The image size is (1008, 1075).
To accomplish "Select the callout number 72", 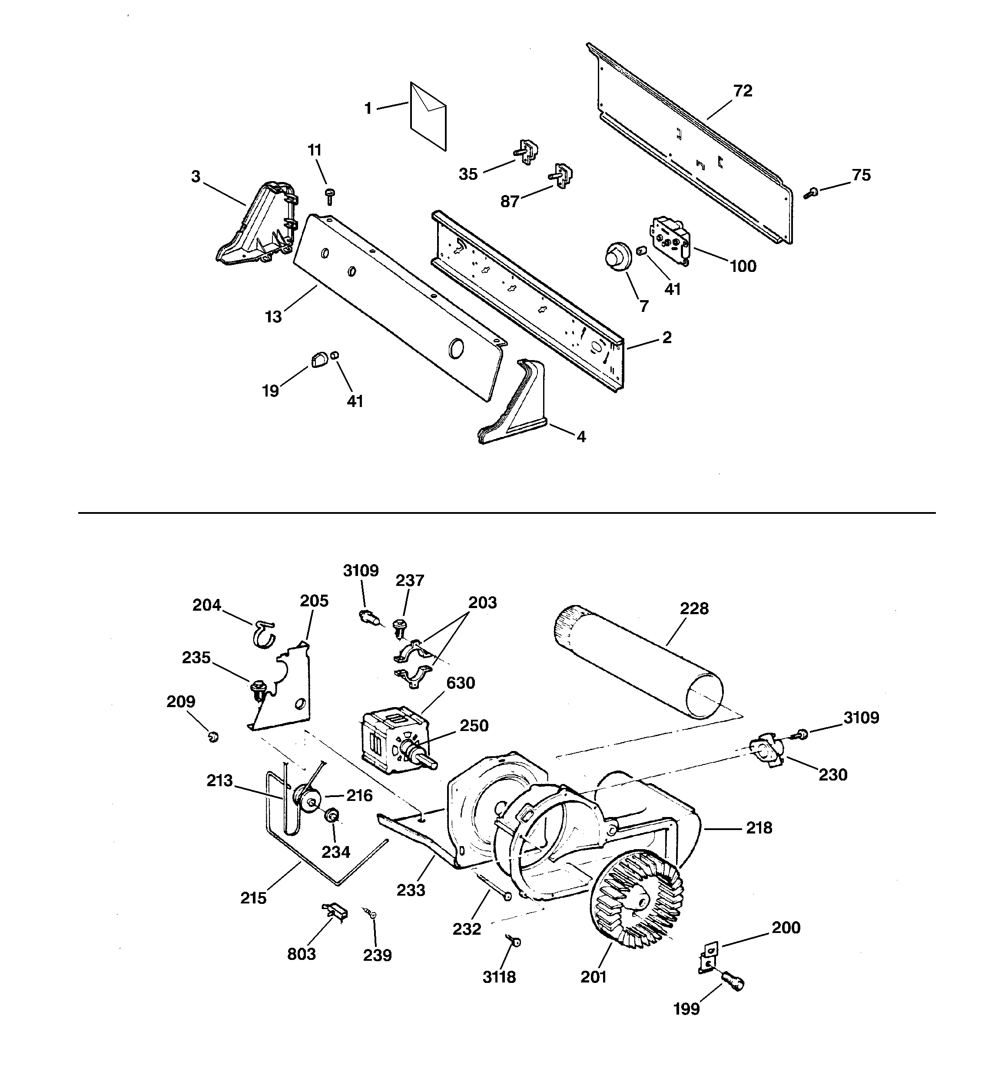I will click(743, 91).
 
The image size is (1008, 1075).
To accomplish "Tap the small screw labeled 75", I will click(810, 192).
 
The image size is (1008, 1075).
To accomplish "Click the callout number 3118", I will click(499, 977).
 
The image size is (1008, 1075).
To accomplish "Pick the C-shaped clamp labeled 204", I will click(263, 634).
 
